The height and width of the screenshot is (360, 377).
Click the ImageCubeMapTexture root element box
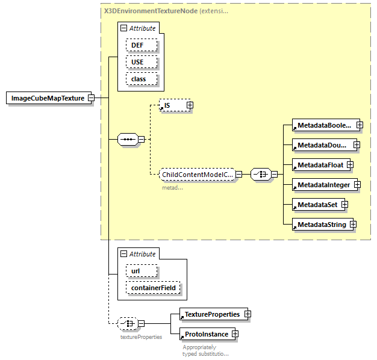tap(48, 98)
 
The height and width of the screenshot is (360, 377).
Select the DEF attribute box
tap(142, 45)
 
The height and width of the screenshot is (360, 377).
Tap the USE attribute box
tap(142, 62)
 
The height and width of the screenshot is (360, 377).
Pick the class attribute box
tap(142, 79)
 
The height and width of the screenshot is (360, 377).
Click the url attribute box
tap(142, 272)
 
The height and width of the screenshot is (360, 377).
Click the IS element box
tap(172, 105)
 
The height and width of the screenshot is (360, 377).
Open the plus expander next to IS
tap(190, 105)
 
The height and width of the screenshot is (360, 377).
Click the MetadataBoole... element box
tap(323, 125)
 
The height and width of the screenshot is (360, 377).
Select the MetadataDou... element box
tap(322, 145)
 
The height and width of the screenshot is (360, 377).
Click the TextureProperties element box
tap(211, 314)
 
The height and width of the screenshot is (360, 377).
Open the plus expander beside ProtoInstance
tap(235, 334)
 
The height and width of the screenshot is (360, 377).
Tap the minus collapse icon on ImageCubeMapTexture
tap(91, 98)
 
